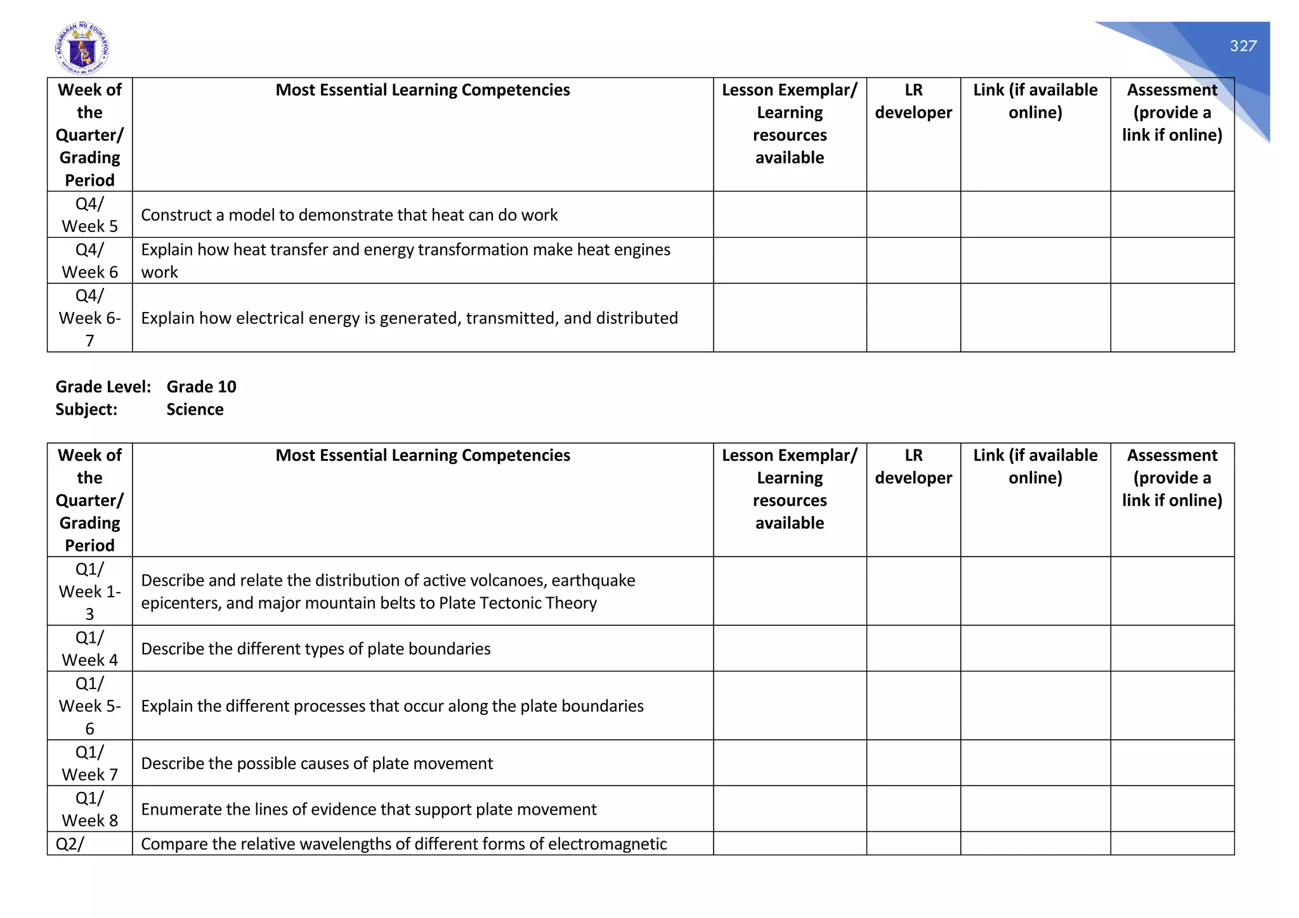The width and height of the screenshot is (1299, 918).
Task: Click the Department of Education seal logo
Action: pos(82,49)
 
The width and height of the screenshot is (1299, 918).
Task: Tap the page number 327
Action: pos(1243,46)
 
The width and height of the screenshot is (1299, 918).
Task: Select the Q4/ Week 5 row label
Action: pos(89,215)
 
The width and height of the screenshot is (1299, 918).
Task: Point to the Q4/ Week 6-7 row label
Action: pos(89,318)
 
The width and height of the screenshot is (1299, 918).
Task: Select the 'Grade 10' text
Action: pos(201,387)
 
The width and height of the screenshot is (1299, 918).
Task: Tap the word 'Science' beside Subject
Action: pos(195,410)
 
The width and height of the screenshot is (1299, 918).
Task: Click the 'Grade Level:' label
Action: pos(103,387)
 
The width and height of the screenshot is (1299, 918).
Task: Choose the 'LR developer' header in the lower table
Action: pos(913,467)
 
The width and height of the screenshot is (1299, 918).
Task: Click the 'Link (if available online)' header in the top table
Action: pos(1035,101)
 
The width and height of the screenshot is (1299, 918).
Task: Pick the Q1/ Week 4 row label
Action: pos(89,649)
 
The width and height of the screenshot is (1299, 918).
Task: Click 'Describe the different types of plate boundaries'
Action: pos(315,649)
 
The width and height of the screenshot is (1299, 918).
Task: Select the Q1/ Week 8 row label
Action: pos(89,809)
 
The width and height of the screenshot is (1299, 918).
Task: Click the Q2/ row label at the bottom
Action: pos(70,844)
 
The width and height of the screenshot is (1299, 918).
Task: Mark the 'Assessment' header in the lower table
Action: pos(1172,455)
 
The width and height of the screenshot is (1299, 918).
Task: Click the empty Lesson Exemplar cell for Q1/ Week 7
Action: pos(789,763)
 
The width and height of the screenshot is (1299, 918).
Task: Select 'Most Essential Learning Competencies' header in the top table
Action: pos(422,90)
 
